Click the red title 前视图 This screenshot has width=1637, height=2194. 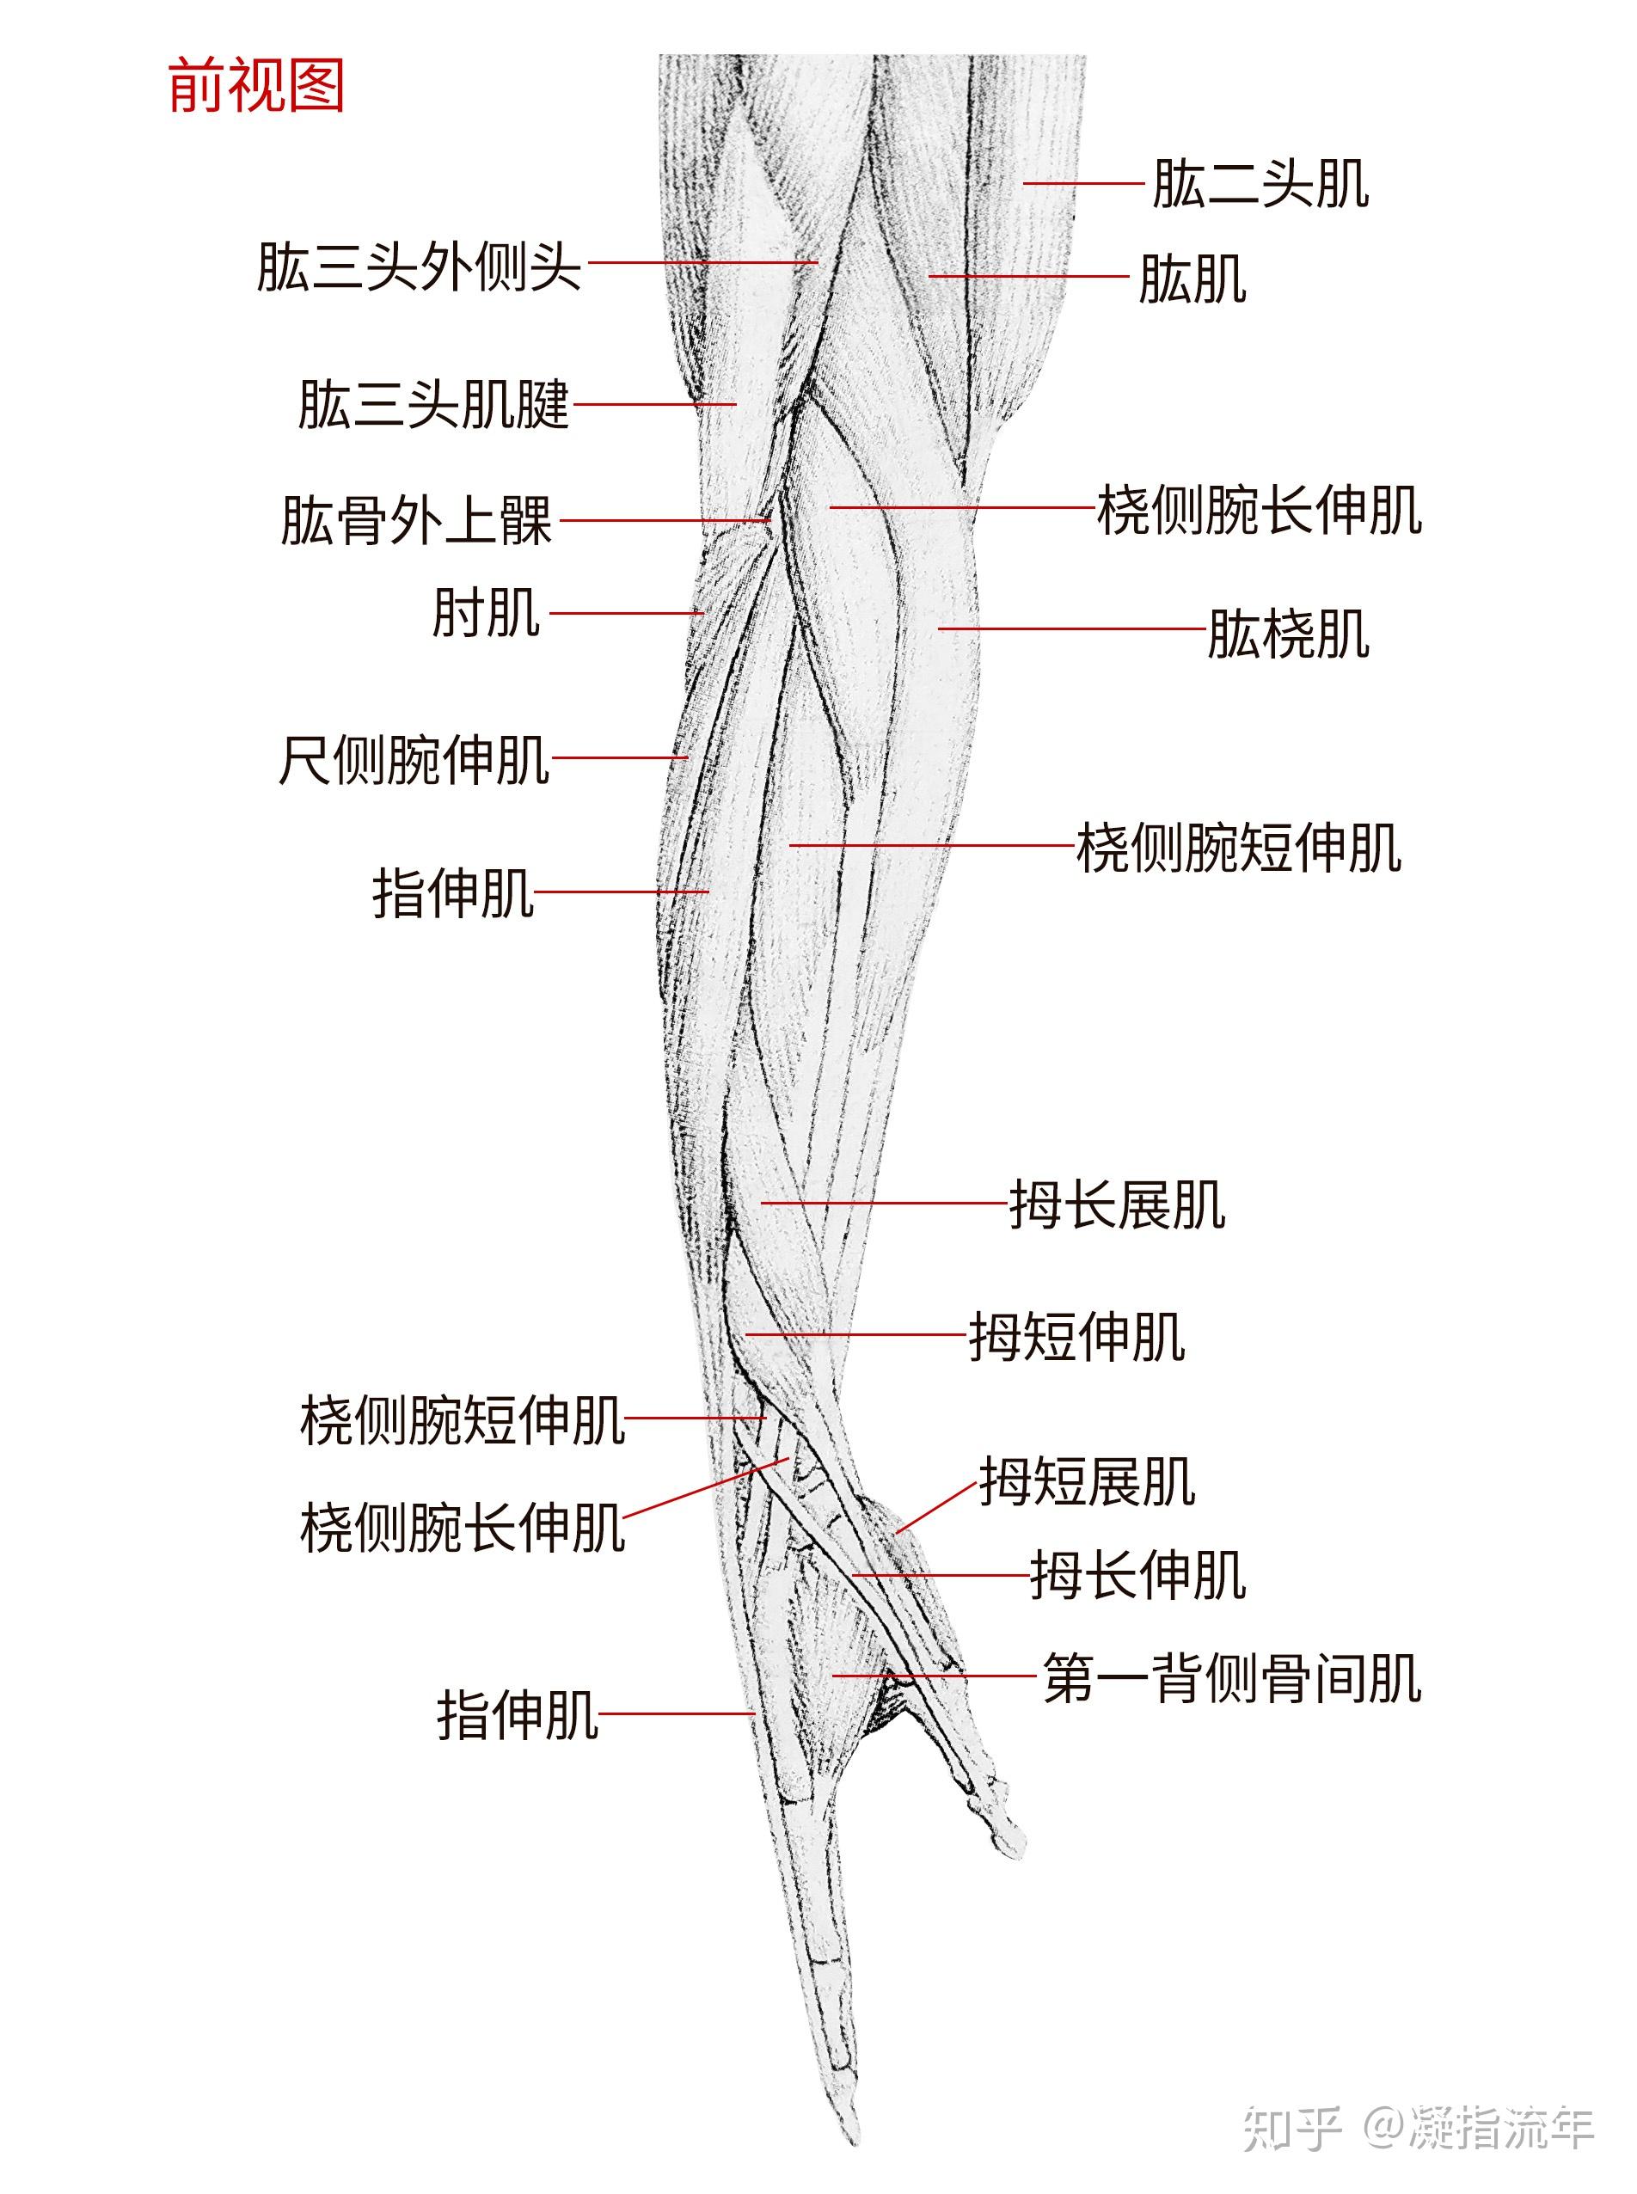point(255,85)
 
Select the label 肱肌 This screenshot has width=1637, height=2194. point(1192,279)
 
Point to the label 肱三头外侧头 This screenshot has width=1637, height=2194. point(418,267)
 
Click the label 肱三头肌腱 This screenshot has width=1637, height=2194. point(434,405)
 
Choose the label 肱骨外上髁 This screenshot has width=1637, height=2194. point(416,521)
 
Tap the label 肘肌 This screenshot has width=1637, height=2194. point(486,613)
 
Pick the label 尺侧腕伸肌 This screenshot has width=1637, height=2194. point(414,760)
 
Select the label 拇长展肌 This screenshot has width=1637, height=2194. point(1117,1205)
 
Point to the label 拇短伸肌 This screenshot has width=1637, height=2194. point(1076,1337)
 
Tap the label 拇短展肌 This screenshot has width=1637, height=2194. point(1087,1481)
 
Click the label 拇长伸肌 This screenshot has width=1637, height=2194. point(1137,1575)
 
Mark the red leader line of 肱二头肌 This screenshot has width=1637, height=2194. point(1083,183)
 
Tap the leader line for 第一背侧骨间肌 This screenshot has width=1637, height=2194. point(934,1676)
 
